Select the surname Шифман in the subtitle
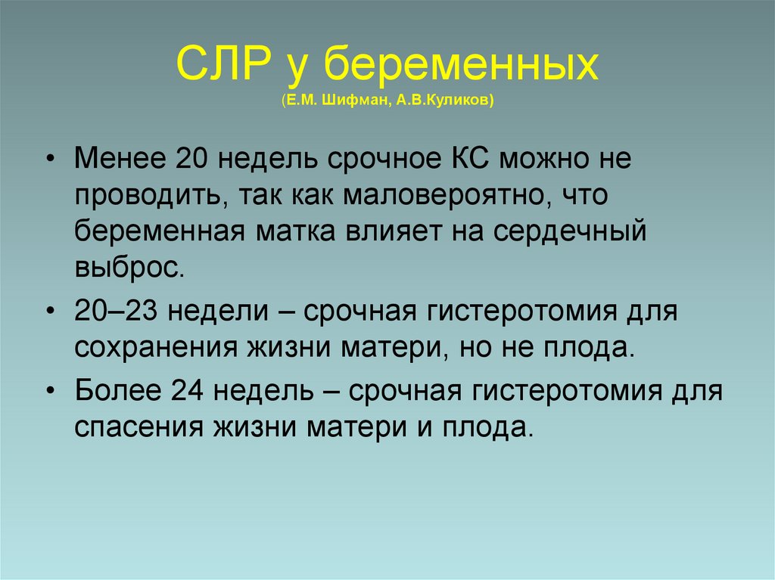(356, 100)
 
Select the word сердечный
(567, 231)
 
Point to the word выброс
(129, 266)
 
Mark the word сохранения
(154, 346)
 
